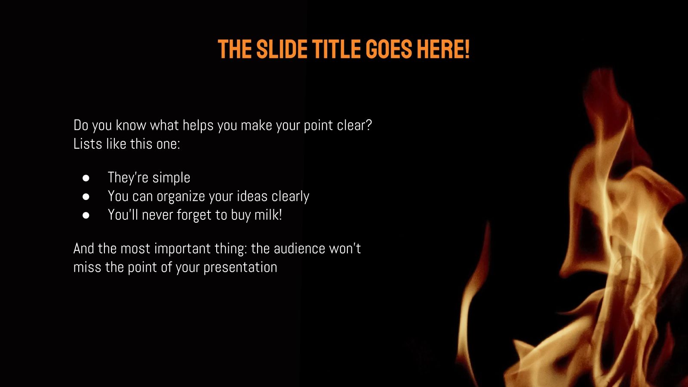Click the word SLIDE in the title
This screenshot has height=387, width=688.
click(282, 49)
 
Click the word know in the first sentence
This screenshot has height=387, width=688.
click(131, 125)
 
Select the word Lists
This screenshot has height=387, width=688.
click(88, 144)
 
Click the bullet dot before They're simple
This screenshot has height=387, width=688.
click(86, 178)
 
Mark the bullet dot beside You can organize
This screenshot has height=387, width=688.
click(86, 197)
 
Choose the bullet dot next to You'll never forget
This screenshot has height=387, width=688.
click(86, 215)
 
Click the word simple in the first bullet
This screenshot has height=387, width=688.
click(171, 178)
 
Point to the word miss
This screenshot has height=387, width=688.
click(87, 267)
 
